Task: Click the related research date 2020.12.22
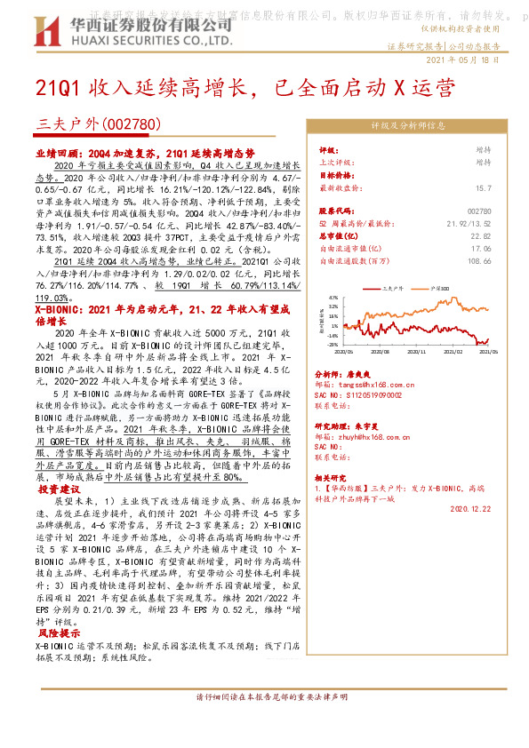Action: (x=470, y=510)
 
